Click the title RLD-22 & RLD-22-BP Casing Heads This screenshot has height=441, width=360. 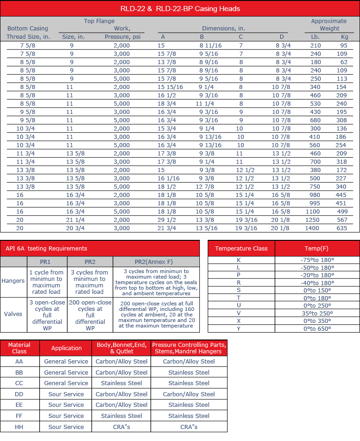coord(180,9)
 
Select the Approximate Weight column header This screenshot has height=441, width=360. coord(329,24)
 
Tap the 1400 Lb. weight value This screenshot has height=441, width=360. coord(312,228)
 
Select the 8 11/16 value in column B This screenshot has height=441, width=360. coord(210,45)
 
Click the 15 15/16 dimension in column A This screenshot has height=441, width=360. coord(170,87)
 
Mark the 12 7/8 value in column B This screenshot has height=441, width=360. coord(205,186)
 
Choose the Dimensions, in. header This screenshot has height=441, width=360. coord(223,28)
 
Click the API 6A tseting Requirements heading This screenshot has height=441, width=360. coord(46,248)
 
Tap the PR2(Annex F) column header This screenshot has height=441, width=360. coord(156,262)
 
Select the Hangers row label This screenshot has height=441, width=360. coord(13,280)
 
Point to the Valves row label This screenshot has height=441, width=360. coord(13,314)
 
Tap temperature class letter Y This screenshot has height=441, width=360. coord(239,328)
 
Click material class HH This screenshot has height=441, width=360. coord(19,427)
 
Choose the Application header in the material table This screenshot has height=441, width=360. coord(66,348)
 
